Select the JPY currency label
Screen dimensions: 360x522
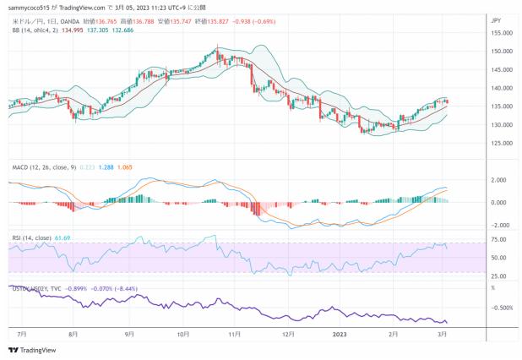496,18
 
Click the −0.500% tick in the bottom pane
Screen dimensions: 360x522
501,307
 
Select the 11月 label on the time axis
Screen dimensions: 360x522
235,335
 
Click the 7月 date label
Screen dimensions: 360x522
20,335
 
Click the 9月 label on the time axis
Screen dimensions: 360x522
129,335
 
